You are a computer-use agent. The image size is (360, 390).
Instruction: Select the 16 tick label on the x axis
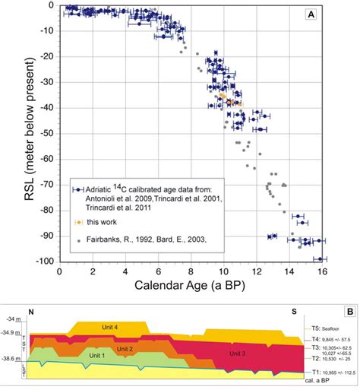[x=323, y=271]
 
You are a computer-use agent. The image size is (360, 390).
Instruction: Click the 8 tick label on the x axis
[x=191, y=271]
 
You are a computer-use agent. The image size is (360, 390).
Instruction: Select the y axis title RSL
[x=14, y=133]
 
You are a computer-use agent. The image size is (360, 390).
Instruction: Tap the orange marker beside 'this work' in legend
[x=78, y=222]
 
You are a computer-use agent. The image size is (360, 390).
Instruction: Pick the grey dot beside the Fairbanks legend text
[x=78, y=238]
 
